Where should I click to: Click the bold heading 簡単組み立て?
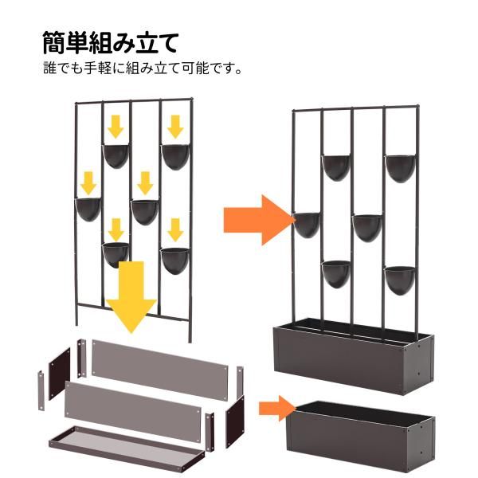110,42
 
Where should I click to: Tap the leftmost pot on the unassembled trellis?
88,209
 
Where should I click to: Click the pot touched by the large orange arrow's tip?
307,224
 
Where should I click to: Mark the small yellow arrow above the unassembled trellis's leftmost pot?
88,180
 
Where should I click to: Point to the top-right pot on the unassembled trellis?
174,155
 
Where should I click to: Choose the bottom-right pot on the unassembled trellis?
174,260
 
